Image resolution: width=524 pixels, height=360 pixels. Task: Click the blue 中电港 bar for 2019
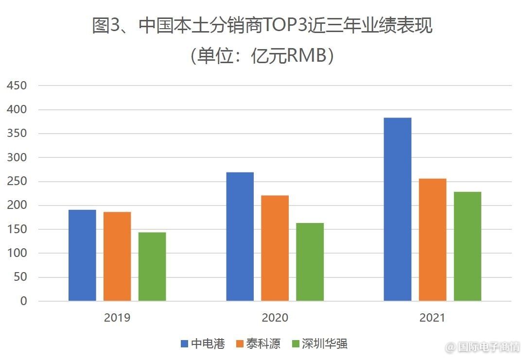(82, 255)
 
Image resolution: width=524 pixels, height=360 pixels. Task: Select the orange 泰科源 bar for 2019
(117, 256)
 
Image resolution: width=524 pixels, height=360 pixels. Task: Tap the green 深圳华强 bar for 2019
(152, 266)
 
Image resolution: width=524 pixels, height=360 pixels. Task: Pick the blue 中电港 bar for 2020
(240, 236)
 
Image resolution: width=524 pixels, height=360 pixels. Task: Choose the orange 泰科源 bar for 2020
(275, 248)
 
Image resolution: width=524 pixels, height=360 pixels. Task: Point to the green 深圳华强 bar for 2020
(310, 262)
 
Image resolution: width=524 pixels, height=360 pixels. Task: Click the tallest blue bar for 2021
(398, 209)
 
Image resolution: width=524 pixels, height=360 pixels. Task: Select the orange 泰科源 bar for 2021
(433, 240)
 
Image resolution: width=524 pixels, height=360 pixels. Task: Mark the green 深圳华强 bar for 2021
(468, 246)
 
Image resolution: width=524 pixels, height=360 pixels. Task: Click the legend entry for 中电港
(203, 344)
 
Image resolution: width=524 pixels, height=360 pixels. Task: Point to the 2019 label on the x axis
(117, 318)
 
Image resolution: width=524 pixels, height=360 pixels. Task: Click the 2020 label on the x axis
(275, 318)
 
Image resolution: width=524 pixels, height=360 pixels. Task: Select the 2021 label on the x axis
(433, 318)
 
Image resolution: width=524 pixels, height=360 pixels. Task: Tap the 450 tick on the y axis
(17, 86)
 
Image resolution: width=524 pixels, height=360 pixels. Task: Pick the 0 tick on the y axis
(23, 301)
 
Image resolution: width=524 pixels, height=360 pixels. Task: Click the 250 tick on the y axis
(17, 182)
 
